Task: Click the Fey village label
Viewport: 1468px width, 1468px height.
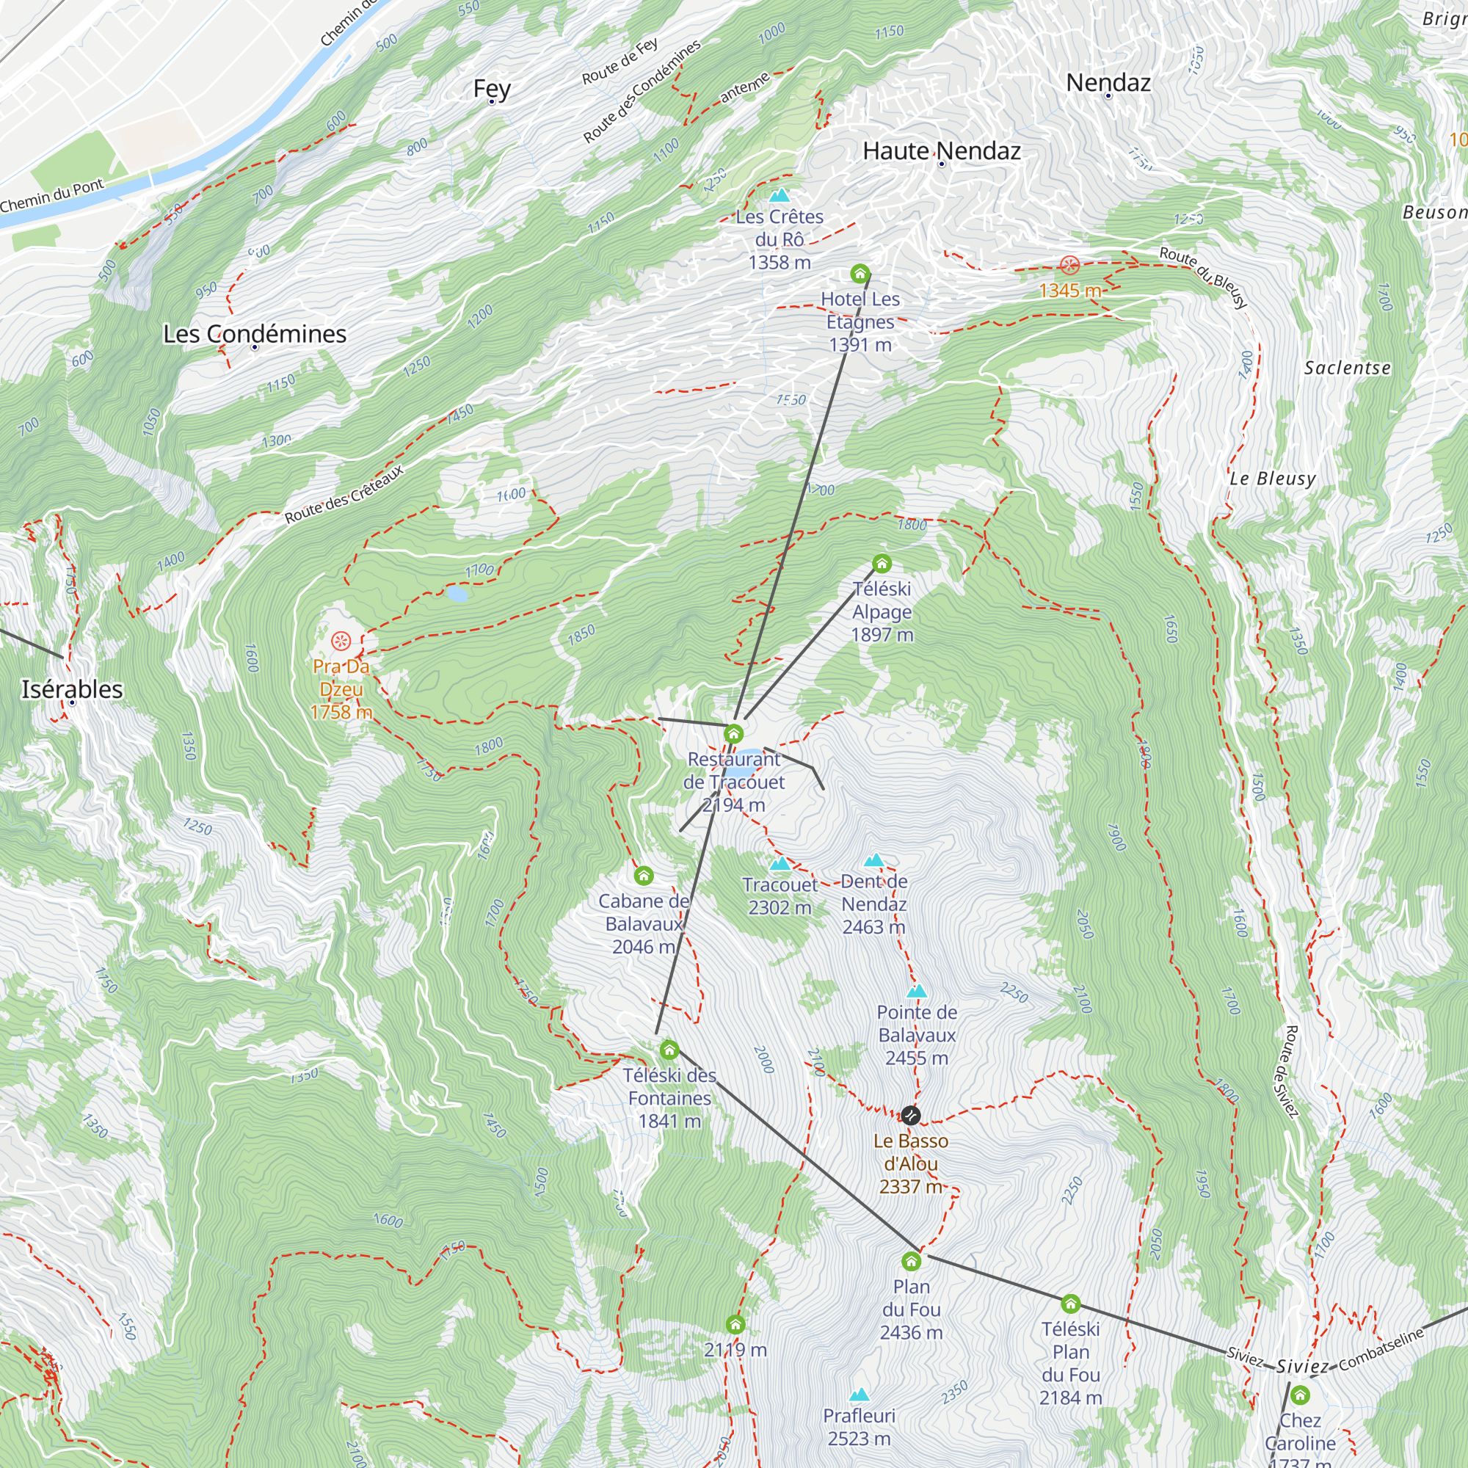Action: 492,89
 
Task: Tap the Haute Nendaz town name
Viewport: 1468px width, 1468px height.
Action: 942,151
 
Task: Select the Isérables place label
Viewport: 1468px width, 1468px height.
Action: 72,689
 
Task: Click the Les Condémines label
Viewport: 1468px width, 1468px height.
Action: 255,333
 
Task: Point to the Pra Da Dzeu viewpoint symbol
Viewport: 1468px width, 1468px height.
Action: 341,641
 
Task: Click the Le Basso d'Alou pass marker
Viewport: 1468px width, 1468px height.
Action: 911,1116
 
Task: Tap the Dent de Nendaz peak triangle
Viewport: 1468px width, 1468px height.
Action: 873,860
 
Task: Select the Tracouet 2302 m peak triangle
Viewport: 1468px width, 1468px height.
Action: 780,864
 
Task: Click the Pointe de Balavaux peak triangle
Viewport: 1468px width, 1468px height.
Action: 917,992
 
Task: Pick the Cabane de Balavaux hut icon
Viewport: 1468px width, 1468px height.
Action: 644,876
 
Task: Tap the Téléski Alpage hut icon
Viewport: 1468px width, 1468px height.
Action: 882,564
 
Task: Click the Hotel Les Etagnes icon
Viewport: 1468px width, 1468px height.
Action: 860,274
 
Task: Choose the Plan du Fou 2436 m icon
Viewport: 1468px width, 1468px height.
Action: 911,1262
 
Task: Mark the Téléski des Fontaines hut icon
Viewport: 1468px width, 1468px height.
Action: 669,1050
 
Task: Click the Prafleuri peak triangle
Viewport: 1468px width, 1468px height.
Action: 859,1395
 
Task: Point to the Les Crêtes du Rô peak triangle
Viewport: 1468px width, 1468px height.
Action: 779,195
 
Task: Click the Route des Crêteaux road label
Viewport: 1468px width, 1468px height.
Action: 344,494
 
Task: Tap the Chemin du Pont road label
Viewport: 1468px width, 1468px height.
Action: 51,196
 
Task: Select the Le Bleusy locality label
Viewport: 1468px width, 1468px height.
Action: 1272,479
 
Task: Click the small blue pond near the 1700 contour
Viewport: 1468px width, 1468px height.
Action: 457,593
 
